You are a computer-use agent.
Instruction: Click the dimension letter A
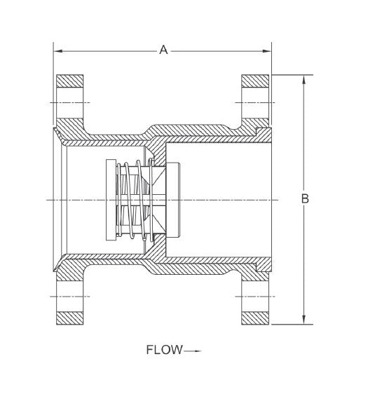pos(163,50)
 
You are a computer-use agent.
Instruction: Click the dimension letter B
pos(305,199)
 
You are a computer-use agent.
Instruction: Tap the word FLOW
pos(164,350)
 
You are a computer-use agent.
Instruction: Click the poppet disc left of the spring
pos(110,200)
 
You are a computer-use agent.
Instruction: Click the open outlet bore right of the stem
pos(224,200)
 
